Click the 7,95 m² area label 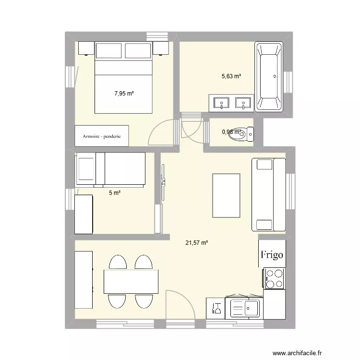[124, 94]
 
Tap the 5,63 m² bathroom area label [231, 76]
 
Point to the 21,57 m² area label [197, 243]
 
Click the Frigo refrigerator [272, 254]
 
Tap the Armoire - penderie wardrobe [102, 136]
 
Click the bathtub [269, 77]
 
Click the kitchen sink [244, 308]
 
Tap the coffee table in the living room [227, 195]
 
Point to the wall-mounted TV [163, 182]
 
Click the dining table [131, 282]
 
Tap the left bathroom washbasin [222, 102]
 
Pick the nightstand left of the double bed [86, 48]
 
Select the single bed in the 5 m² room [110, 168]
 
